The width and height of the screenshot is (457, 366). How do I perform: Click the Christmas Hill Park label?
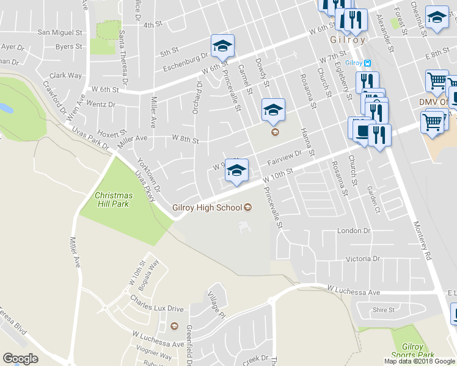coord(112,199)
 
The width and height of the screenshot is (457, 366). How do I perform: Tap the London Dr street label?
coord(354,231)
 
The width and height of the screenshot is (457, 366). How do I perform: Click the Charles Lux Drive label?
coord(157,303)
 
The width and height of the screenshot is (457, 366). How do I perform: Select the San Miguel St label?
coord(60,32)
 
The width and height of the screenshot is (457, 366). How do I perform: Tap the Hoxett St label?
coord(111,132)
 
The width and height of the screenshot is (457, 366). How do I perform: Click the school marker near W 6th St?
coord(223,45)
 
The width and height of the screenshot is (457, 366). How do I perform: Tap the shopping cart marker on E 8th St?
coord(437,80)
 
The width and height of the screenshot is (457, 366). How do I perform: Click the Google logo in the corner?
coord(20,359)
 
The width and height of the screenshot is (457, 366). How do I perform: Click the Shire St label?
coord(384,310)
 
